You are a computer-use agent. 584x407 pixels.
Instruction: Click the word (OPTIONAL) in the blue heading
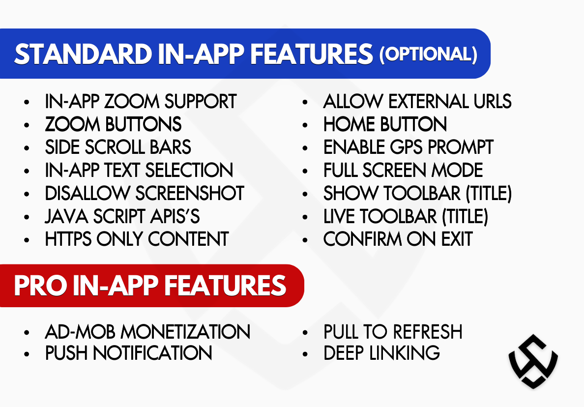[428, 54]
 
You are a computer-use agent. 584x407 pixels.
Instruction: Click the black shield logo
[533, 361]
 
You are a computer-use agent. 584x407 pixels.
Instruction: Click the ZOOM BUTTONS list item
[113, 124]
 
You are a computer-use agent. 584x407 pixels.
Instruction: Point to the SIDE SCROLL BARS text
[118, 147]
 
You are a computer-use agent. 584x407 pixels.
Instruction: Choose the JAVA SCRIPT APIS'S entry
[122, 216]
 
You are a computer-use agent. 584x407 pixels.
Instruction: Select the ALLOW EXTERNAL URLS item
[417, 102]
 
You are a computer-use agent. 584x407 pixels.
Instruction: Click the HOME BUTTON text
[385, 124]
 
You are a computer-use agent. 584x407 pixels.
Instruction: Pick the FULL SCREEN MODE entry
[403, 171]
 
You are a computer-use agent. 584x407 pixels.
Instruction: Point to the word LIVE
[338, 216]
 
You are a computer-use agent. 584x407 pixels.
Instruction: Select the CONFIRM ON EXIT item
[398, 239]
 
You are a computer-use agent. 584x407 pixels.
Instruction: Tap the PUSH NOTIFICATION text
[128, 353]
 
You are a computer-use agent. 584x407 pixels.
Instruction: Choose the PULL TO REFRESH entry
[393, 332]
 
